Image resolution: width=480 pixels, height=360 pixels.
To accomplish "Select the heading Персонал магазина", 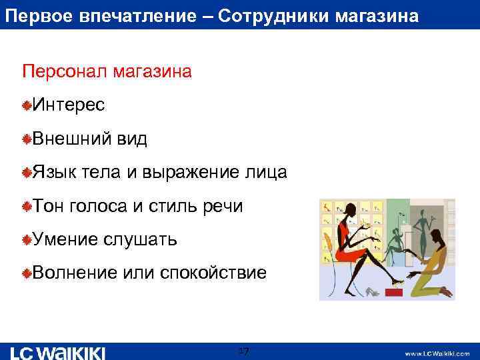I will point(107,71).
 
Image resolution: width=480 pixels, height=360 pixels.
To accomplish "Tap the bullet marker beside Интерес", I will point(27,105).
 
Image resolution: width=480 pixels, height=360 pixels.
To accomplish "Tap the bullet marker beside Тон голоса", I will point(27,207).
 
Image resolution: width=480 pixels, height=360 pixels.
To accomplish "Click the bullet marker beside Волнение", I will point(27,273).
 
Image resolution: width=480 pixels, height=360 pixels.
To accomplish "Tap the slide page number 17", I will point(243,351).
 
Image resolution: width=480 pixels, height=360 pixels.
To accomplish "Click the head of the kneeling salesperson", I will point(435,235).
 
